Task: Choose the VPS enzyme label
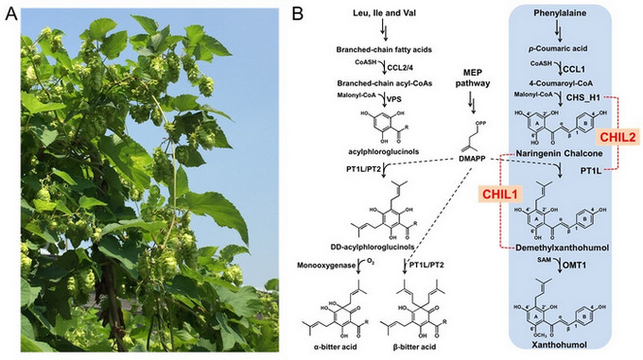coord(393,97)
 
